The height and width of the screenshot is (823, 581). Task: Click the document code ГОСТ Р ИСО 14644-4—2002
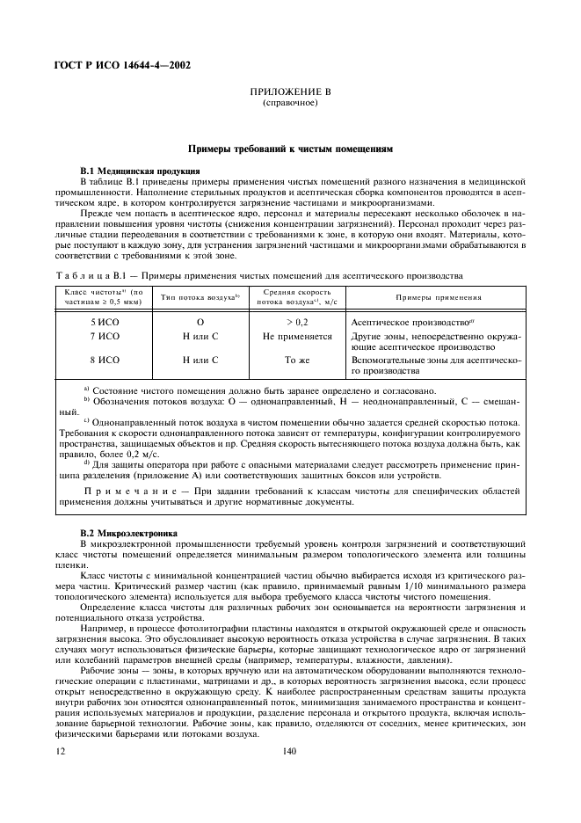coord(123,64)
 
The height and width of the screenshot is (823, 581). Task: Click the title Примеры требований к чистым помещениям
coord(289,149)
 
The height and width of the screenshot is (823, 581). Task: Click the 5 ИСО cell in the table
coord(105,323)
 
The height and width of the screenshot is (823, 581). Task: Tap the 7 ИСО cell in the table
coord(105,337)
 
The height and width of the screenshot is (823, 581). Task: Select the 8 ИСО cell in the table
coord(105,360)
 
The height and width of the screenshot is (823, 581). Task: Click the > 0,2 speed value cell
coord(294,323)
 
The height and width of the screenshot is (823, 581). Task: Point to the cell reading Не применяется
coord(294,337)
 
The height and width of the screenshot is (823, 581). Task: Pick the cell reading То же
coord(294,360)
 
